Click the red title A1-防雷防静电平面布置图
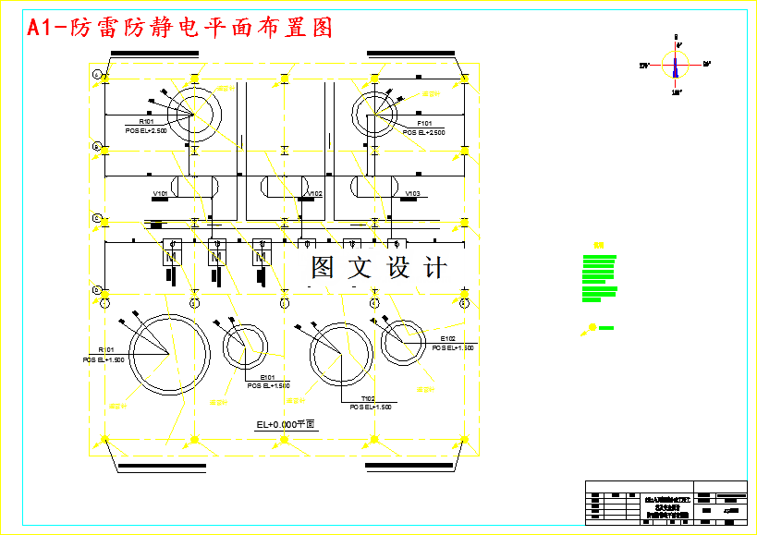coord(180,28)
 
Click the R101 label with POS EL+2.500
coord(146,122)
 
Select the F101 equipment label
coord(424,123)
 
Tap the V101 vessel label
coord(161,193)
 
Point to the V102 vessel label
coord(315,193)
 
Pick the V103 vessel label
coord(413,193)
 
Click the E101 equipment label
coord(268,378)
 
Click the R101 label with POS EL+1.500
coord(105,350)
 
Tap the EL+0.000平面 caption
coord(286,424)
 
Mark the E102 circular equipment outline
coord(403,342)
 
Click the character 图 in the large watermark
coord(323,268)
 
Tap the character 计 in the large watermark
coord(434,268)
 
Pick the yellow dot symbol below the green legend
coord(592,327)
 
